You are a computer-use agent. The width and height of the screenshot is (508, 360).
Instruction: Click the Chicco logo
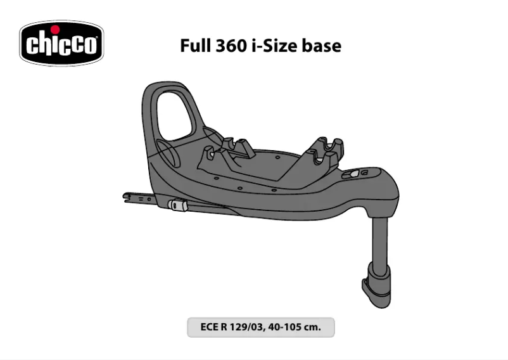coord(61,43)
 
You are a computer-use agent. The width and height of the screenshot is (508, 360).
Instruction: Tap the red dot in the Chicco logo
coord(55,29)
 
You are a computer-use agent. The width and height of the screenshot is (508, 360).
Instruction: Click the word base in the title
coord(325,46)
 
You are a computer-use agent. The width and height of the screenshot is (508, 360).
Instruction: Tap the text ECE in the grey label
coord(210,328)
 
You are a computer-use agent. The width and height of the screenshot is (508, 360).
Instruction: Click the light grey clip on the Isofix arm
coord(177,205)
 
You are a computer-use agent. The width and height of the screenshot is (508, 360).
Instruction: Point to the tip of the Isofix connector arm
coord(127,196)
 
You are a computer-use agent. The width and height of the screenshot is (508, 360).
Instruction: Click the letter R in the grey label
coord(225,328)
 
